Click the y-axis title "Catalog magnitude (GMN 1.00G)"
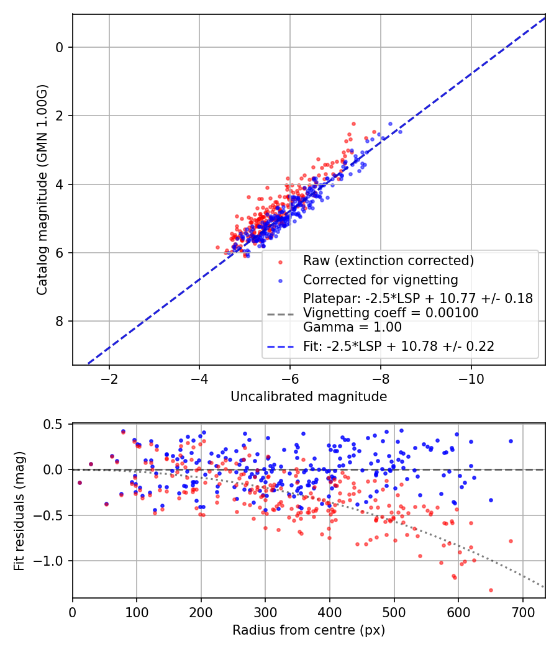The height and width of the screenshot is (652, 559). tap(42, 189)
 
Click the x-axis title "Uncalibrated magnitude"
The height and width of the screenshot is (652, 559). tap(309, 397)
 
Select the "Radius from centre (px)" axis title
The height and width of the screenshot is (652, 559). tap(309, 630)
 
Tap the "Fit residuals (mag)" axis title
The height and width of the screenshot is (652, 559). tap(19, 510)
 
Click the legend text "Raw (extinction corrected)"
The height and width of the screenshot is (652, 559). tap(388, 261)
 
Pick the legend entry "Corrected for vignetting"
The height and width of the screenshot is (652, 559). tap(379, 279)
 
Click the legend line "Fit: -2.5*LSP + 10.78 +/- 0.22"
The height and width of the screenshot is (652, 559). tap(398, 346)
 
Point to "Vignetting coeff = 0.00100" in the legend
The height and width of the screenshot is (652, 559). tap(391, 313)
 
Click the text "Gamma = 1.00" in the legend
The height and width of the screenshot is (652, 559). tap(352, 327)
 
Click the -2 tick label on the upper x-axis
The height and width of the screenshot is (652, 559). tap(109, 379)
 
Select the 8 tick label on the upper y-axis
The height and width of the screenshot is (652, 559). tap(60, 321)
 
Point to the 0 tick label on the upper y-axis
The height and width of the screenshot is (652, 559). tap(60, 47)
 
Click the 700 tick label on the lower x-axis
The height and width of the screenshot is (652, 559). tap(522, 612)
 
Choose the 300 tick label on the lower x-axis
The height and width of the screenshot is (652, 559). tap(265, 612)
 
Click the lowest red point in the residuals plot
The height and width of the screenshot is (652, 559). tap(491, 590)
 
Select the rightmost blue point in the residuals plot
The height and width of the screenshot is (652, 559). tap(511, 441)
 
